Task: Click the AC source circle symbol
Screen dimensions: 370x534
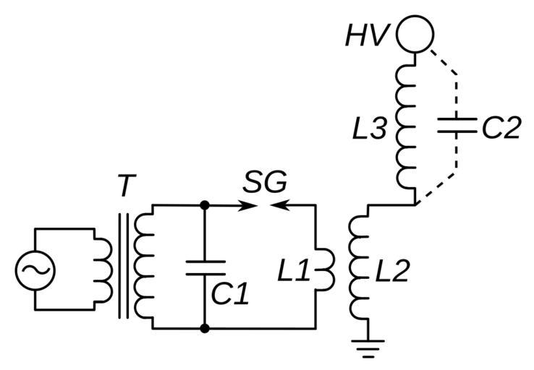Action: [34, 269]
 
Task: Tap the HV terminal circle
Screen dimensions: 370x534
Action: [415, 34]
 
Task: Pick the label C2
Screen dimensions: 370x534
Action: [500, 129]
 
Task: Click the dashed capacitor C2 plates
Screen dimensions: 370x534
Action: [456, 127]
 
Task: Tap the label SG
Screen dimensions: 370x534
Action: [264, 183]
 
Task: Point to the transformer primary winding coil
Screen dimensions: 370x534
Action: [104, 269]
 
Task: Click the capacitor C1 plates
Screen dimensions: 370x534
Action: [205, 268]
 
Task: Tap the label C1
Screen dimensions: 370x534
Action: [230, 293]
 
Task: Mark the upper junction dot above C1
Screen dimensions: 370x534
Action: [205, 205]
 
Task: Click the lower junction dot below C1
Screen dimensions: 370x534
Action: [205, 329]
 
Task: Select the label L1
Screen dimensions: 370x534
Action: [294, 271]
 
